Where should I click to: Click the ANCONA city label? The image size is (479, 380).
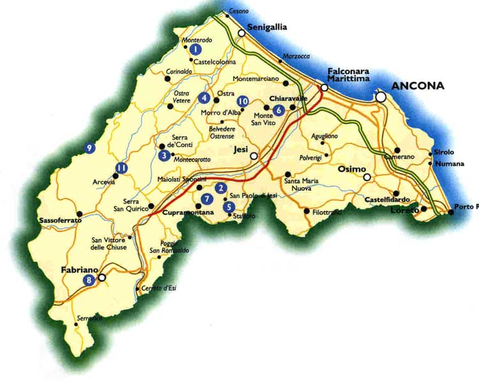[418, 86]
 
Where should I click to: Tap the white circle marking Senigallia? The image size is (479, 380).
[241, 33]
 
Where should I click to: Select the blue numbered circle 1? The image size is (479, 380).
[195, 49]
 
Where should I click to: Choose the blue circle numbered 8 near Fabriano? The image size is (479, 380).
[88, 279]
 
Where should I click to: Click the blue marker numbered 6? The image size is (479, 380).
[279, 109]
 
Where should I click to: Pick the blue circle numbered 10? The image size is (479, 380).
[242, 102]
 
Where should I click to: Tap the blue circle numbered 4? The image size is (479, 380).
[204, 98]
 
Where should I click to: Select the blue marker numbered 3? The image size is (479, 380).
[164, 155]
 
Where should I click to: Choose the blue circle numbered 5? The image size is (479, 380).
[229, 206]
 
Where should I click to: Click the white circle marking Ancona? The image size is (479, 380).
[381, 97]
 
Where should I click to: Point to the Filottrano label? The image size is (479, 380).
[328, 211]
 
